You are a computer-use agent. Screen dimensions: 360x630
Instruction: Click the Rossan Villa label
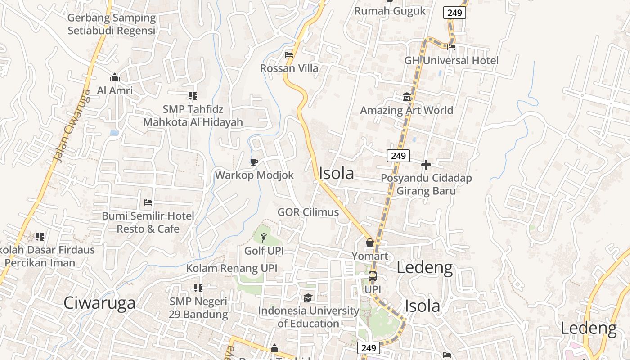coord(289,68)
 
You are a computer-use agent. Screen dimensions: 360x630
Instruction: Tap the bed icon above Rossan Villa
coord(289,55)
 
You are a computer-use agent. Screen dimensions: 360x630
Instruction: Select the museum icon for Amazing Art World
coord(407,97)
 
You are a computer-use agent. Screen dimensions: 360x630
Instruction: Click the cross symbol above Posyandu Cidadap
coord(426,165)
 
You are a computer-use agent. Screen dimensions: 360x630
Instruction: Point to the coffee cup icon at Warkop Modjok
coord(254,162)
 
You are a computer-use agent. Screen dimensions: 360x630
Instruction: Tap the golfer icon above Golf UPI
coord(264,237)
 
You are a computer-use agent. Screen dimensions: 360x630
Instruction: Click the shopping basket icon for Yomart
coord(370,243)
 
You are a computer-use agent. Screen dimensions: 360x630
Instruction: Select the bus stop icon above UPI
coord(373,276)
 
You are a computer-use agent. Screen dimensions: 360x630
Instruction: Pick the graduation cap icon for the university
coord(308,297)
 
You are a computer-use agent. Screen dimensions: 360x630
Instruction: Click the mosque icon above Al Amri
coord(115,77)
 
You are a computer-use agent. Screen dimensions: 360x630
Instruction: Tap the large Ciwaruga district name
coord(99,303)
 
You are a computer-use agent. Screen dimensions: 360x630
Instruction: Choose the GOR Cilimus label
coord(308,212)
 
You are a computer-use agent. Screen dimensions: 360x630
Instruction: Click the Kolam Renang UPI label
coord(232,269)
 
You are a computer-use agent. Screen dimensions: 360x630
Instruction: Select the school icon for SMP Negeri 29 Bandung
coord(198,288)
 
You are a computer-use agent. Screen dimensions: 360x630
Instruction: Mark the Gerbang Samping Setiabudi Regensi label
coord(112,24)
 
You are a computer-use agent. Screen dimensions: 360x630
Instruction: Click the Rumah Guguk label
coord(390,11)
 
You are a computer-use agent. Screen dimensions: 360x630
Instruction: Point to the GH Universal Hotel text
coord(451,60)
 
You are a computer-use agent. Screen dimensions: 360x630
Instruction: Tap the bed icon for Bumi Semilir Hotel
coord(148,202)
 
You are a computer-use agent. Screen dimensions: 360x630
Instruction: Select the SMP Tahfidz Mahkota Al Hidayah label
coord(193,116)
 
